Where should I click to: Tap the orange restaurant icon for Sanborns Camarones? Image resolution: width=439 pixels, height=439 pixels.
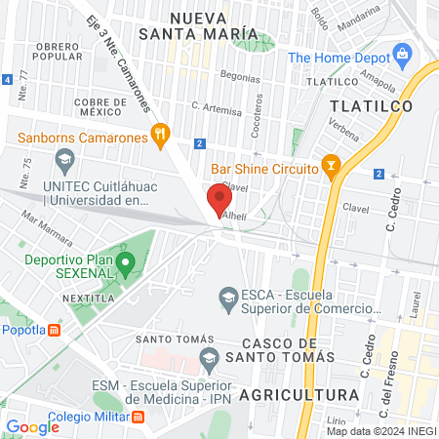click(x=161, y=134)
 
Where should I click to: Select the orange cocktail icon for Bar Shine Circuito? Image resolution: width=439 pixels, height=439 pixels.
click(x=333, y=169)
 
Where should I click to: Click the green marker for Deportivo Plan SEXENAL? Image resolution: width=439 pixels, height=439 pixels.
click(x=125, y=261)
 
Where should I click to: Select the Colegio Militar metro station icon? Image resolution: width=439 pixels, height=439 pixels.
click(x=139, y=418)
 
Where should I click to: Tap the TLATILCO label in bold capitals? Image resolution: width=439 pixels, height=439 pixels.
click(x=371, y=104)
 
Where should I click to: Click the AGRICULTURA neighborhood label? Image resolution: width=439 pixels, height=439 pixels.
click(x=299, y=394)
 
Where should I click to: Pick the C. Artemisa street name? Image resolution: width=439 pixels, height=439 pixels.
click(x=216, y=106)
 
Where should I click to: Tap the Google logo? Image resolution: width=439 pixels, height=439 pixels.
click(x=33, y=426)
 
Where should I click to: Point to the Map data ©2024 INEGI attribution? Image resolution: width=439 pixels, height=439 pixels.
click(x=380, y=431)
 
